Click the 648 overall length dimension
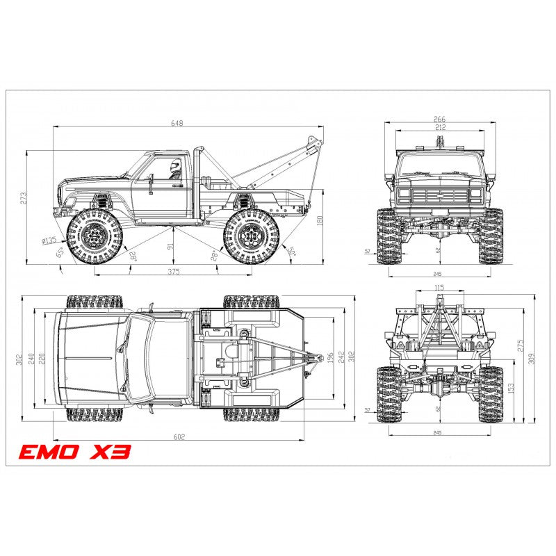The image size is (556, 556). pyautogui.click(x=178, y=123)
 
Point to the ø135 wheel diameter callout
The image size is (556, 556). pyautogui.click(x=49, y=241)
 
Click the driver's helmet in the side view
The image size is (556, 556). pyautogui.click(x=175, y=167)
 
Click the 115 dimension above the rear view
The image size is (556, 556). pyautogui.click(x=439, y=287)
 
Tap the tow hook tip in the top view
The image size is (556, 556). pyautogui.click(x=319, y=357)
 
